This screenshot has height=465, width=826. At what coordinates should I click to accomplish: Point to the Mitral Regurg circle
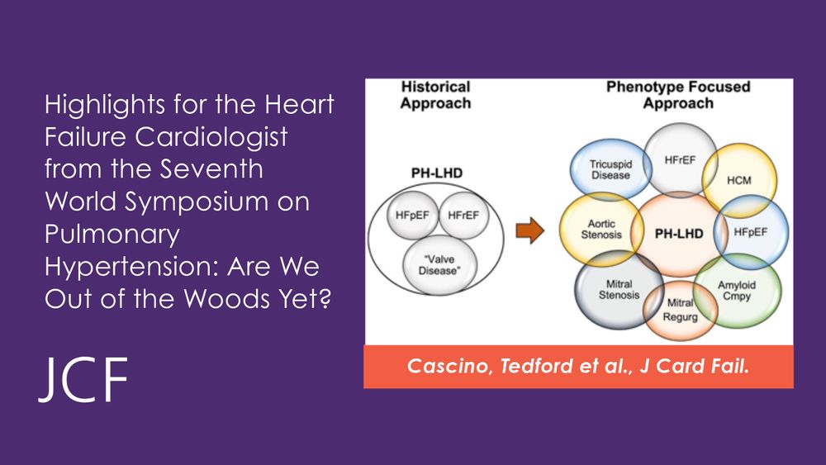tap(680, 310)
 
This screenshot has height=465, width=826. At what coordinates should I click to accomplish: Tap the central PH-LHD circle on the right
tap(678, 234)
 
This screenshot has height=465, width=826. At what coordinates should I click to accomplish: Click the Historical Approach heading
tap(435, 95)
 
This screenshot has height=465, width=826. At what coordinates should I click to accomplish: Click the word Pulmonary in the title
tap(112, 235)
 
